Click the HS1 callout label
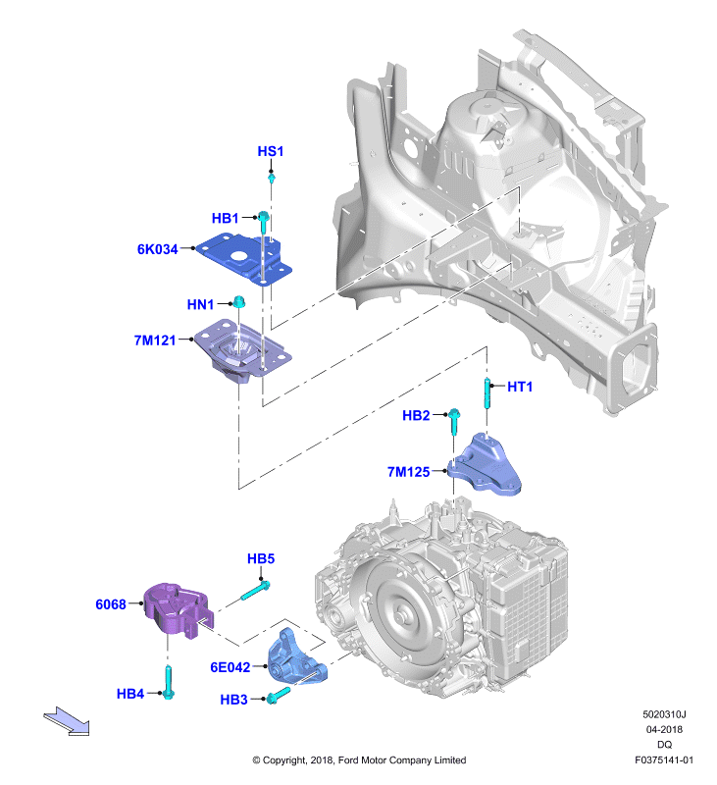point(270,151)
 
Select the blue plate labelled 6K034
point(244,259)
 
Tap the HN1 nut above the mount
point(239,301)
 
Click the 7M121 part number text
point(155,340)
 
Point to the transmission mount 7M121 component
point(242,351)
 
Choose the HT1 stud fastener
point(487,393)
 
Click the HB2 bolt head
point(454,413)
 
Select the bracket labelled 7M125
point(485,465)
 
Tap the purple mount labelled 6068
point(179,609)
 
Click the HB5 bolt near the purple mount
point(256,591)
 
